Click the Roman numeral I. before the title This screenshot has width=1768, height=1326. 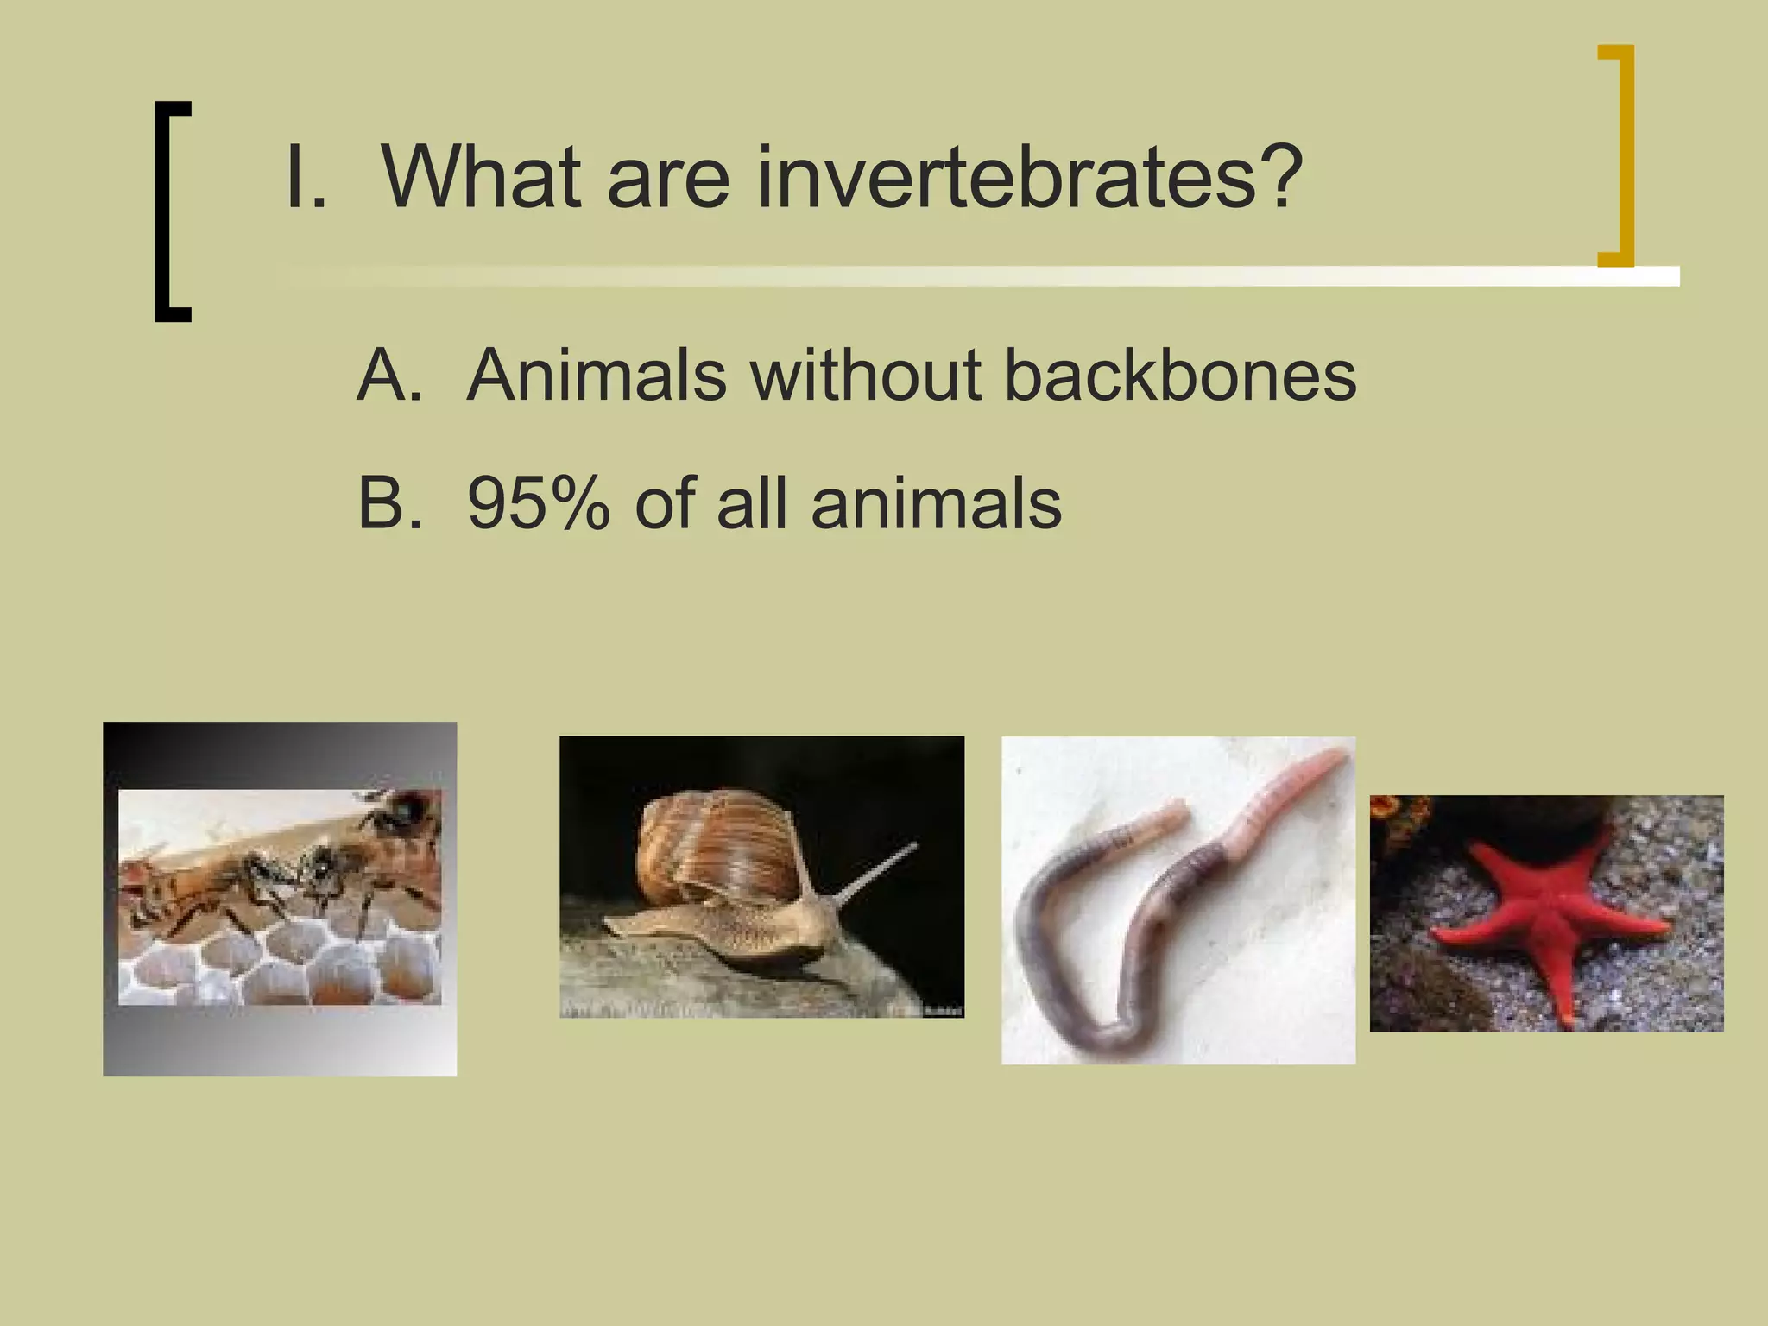pos(305,179)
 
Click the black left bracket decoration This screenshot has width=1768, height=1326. pos(170,212)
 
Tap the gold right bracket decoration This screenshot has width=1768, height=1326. pos(1617,155)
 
